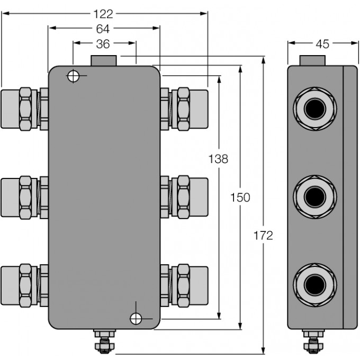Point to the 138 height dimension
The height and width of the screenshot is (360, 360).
tap(218, 159)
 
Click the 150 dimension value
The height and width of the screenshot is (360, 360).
tap(240, 197)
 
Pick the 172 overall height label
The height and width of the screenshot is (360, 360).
tap(263, 236)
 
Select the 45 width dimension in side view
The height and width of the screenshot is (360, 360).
tap(322, 44)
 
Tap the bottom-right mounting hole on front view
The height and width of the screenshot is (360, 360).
tap(136, 318)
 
